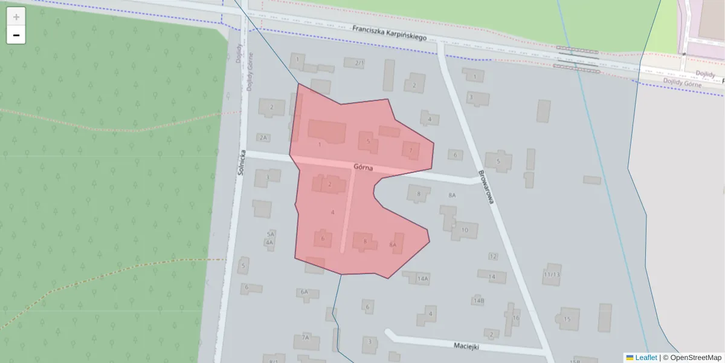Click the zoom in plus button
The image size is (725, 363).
click(x=16, y=17)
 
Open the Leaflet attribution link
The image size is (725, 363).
click(x=645, y=358)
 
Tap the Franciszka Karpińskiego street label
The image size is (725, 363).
click(x=390, y=33)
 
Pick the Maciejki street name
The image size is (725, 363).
click(x=466, y=346)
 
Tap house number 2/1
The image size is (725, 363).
click(x=360, y=63)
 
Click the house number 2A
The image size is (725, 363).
click(x=262, y=137)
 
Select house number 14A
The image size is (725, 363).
click(x=423, y=279)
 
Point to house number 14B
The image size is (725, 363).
click(x=478, y=300)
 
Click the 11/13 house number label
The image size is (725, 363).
click(x=551, y=274)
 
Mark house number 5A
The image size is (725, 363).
click(x=271, y=234)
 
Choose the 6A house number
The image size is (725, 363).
click(x=304, y=292)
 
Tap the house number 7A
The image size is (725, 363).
click(x=306, y=337)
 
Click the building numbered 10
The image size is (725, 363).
click(x=464, y=230)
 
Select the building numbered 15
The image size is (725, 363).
click(x=567, y=319)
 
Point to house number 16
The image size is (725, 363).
click(x=515, y=318)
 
